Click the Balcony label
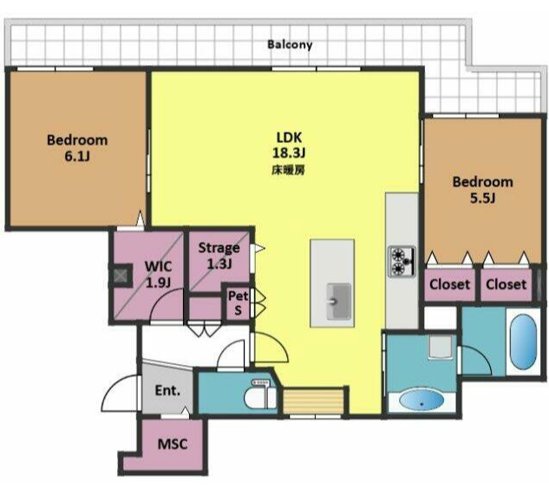pyautogui.click(x=290, y=45)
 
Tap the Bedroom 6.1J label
pyautogui.click(x=77, y=147)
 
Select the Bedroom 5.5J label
pyautogui.click(x=483, y=190)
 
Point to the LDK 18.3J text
pyautogui.click(x=289, y=145)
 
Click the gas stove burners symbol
pyautogui.click(x=402, y=262)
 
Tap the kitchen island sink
pyautogui.click(x=338, y=302)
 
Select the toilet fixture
pyautogui.click(x=260, y=394)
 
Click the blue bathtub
pyautogui.click(x=523, y=342)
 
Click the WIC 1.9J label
pyautogui.click(x=158, y=274)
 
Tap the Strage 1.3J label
pyautogui.click(x=219, y=256)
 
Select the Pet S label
pyautogui.click(x=239, y=303)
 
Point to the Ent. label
pyautogui.click(x=167, y=390)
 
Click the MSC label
pyautogui.click(x=173, y=444)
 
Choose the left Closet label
pyautogui.click(x=449, y=284)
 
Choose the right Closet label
pyautogui.click(x=506, y=284)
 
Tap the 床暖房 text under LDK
pyautogui.click(x=288, y=171)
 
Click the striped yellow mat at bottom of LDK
pyautogui.click(x=313, y=401)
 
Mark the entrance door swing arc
pyautogui.click(x=114, y=386)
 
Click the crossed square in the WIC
pyautogui.click(x=121, y=276)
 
